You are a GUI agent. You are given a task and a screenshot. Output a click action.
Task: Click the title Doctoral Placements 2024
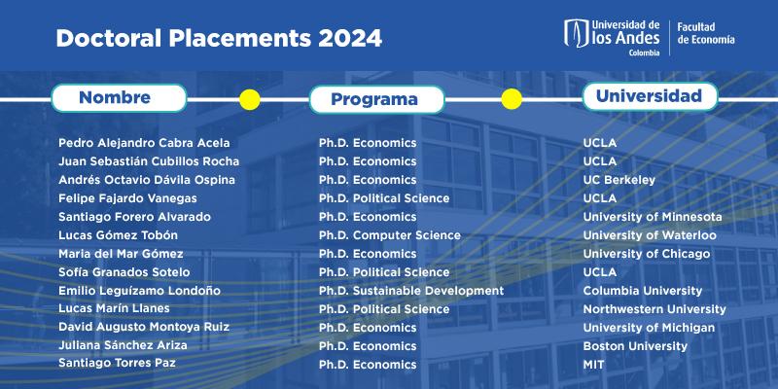point(219,38)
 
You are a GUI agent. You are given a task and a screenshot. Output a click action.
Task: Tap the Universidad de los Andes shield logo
point(576,33)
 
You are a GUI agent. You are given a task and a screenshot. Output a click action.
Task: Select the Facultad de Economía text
point(706,33)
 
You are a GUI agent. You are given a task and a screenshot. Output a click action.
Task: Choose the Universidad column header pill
point(650,95)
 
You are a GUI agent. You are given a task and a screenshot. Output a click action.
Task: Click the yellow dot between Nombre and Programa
point(250,100)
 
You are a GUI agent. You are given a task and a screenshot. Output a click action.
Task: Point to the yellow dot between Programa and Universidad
point(512,99)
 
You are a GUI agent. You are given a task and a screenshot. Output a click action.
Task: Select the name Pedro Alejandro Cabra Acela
point(144,143)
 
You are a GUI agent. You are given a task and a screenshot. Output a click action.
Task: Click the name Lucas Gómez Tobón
point(118,235)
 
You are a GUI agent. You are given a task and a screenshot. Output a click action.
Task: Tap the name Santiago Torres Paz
point(117,363)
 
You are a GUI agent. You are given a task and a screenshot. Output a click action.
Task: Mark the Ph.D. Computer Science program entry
point(390,235)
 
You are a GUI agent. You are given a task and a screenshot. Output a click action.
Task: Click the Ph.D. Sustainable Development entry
point(411,291)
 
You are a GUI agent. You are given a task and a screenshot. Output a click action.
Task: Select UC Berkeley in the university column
point(619,180)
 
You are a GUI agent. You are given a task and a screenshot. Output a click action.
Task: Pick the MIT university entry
point(594,365)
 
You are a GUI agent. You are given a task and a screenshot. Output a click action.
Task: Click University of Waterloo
point(650,235)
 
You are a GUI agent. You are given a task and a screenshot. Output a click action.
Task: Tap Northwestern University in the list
point(654,309)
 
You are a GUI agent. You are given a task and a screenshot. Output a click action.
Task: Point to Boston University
point(635,346)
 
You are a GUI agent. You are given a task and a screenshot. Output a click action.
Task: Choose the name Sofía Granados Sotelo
point(124,272)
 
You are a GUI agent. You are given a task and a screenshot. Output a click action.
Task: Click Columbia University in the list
point(643,291)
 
